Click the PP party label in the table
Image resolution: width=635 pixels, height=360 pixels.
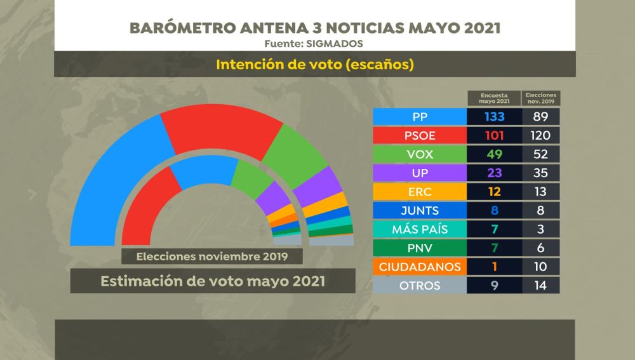click(x=420, y=116)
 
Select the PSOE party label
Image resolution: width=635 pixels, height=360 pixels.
click(x=420, y=135)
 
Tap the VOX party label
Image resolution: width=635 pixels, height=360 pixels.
click(x=420, y=154)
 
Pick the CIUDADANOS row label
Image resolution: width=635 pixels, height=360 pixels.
click(x=420, y=267)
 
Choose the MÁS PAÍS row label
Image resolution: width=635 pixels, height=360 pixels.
click(x=420, y=229)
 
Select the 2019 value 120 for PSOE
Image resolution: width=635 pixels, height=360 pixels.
click(x=541, y=135)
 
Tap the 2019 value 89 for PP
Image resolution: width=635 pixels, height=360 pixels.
click(x=541, y=116)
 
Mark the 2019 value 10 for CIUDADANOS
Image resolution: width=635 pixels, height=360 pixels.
click(x=541, y=267)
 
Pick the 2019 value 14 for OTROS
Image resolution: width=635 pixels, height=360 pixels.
click(x=541, y=286)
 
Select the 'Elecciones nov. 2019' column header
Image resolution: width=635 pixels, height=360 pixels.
click(x=541, y=98)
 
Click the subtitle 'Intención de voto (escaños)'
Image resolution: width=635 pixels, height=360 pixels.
click(x=315, y=64)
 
